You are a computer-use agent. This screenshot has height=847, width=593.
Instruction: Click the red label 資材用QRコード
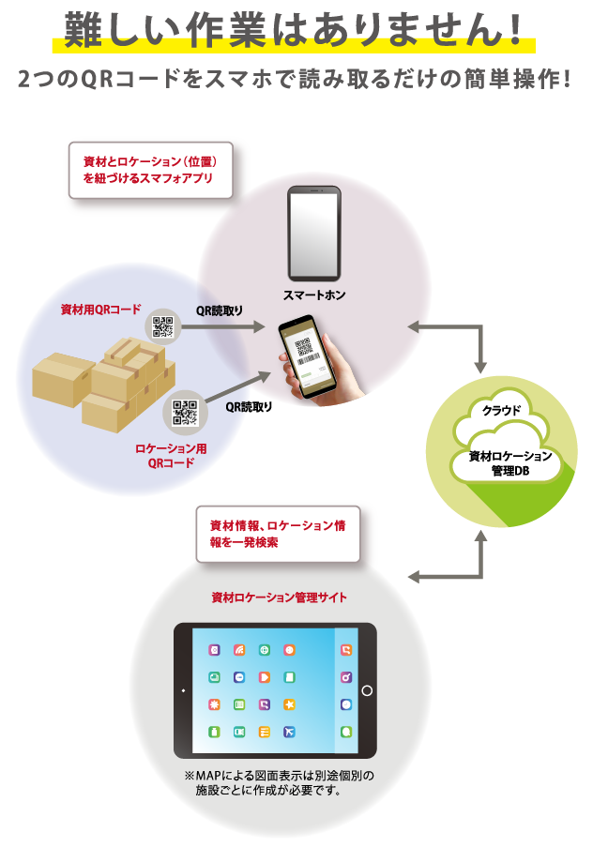[x=100, y=310]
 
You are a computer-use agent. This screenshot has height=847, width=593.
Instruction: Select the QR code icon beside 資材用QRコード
[x=163, y=326]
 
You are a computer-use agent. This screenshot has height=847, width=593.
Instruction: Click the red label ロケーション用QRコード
[x=170, y=455]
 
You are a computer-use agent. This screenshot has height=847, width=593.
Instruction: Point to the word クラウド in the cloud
[x=508, y=411]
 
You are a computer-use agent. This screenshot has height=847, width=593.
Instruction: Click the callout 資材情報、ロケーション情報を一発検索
[x=277, y=534]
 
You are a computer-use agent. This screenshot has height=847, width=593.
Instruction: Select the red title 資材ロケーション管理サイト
[x=279, y=597]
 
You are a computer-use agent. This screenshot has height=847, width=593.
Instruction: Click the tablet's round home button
[x=367, y=690]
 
